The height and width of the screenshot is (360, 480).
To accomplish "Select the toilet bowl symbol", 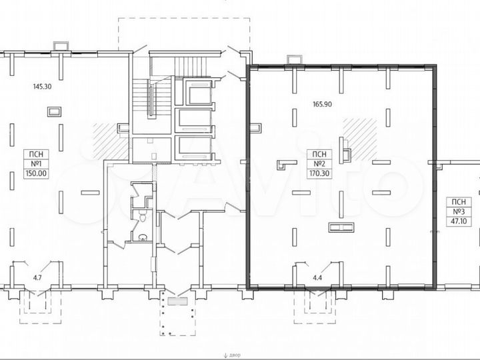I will point(142,217).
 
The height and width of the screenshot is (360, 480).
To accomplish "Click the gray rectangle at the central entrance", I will point(178,301).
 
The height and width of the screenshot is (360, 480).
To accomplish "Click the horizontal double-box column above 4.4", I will point(340,227).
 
